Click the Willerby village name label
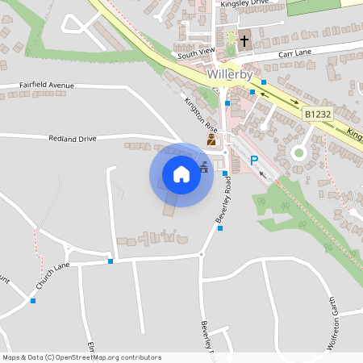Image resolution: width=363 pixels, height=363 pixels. [x=231, y=73]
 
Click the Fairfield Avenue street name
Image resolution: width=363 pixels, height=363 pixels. [x=47, y=85]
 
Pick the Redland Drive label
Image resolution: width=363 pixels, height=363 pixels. [x=72, y=139]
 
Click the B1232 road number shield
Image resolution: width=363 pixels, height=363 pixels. [x=318, y=115]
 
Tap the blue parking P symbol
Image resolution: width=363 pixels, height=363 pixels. [x=254, y=161]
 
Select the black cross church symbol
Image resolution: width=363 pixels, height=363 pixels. [x=244, y=39]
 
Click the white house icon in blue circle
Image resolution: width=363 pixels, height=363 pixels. [x=181, y=174]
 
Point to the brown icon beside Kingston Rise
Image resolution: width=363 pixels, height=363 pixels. [x=211, y=140]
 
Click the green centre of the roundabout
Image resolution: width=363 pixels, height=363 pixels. [x=298, y=152]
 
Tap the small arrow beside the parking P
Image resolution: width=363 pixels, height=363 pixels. [x=261, y=173]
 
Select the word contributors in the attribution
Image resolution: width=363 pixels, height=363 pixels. [x=141, y=357]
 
